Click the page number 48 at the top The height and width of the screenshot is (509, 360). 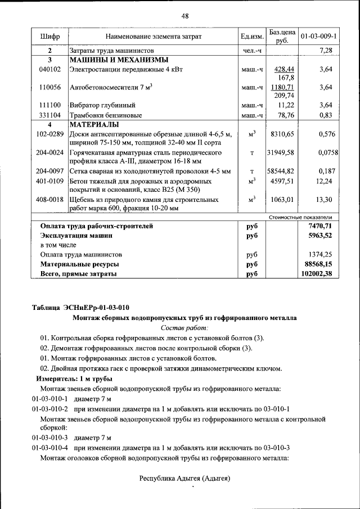tap(184, 16)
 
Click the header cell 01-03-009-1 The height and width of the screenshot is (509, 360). tap(318, 37)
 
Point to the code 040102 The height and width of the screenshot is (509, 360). tap(49, 69)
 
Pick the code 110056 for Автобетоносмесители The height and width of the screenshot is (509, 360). tap(49, 87)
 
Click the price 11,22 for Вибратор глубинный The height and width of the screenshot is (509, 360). tap(286, 105)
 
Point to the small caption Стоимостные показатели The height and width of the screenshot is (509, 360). tap(300, 217)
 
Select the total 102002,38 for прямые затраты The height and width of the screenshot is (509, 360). tap(317, 273)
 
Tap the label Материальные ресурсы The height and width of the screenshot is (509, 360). tap(79, 264)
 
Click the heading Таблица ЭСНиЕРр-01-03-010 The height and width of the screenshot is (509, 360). tap(80, 307)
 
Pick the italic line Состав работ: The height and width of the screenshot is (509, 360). tap(184, 327)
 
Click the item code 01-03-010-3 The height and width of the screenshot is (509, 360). tap(49, 438)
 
